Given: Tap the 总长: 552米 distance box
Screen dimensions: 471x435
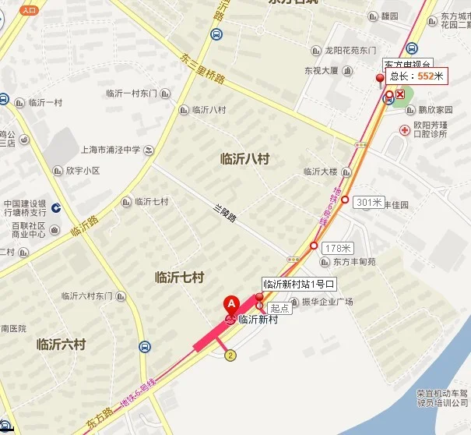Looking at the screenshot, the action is [x=417, y=76].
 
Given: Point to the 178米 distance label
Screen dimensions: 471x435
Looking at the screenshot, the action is [x=337, y=248].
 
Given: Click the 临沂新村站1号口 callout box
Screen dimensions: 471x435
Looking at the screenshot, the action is [x=299, y=284].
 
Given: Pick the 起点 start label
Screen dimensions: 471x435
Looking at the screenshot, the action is [x=279, y=308].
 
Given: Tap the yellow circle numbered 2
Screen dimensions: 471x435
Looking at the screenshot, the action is [x=230, y=355].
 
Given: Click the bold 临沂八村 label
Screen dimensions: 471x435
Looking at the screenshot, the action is [x=244, y=159].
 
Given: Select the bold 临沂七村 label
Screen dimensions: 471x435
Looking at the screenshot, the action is [x=179, y=277].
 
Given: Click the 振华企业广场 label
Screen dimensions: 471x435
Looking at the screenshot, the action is [x=328, y=302].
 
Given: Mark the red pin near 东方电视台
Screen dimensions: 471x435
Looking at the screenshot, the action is [x=381, y=79].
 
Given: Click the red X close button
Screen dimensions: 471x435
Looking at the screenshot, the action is [x=401, y=94].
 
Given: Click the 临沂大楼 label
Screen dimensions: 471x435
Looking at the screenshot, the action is [x=320, y=171].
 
